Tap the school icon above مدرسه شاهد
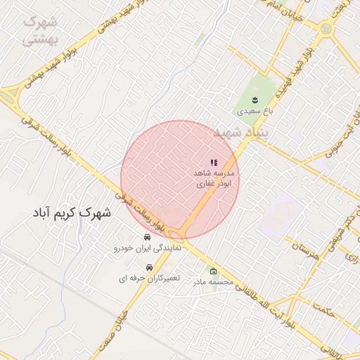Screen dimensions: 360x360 [x=214, y=163]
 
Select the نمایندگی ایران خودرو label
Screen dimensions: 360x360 [x=148, y=248]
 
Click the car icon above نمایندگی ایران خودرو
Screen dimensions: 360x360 [x=147, y=237]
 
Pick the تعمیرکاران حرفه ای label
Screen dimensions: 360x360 [x=149, y=279]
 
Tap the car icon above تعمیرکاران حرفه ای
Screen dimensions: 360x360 [x=149, y=268]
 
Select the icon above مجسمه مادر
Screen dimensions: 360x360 [x=214, y=271]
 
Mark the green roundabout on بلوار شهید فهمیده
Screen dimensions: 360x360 [x=326, y=29]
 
